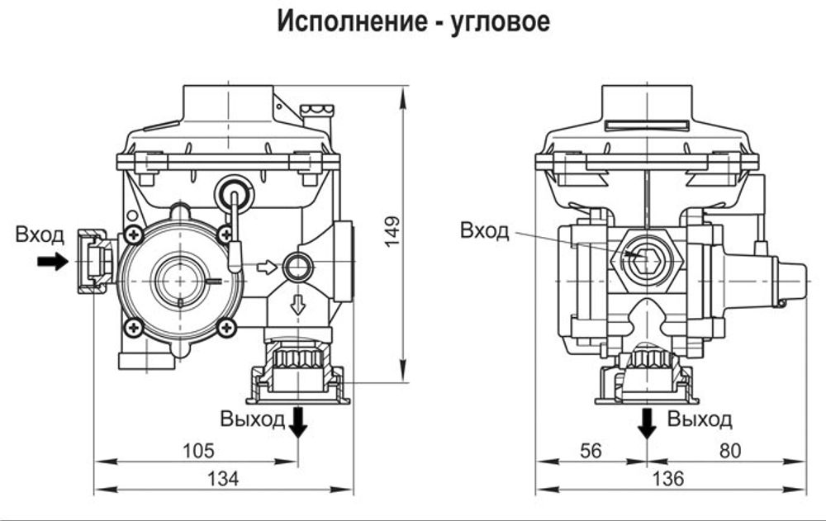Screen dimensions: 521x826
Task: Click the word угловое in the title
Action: [x=501, y=21]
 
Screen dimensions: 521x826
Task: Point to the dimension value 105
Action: [x=197, y=451]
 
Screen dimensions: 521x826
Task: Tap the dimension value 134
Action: [x=223, y=478]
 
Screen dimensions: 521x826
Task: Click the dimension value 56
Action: [x=591, y=451]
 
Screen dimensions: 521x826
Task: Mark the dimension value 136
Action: [x=670, y=478]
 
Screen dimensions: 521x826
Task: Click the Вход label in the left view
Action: [x=40, y=235]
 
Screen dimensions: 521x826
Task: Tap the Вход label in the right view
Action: [x=485, y=230]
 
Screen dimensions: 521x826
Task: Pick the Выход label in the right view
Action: [x=700, y=419]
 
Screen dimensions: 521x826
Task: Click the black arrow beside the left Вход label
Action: [x=54, y=262]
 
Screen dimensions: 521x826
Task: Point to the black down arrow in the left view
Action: [x=298, y=423]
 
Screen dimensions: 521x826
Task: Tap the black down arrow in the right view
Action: [x=648, y=423]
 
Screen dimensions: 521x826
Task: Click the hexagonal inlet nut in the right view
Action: [x=647, y=258]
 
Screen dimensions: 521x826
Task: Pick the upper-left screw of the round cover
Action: [x=131, y=235]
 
